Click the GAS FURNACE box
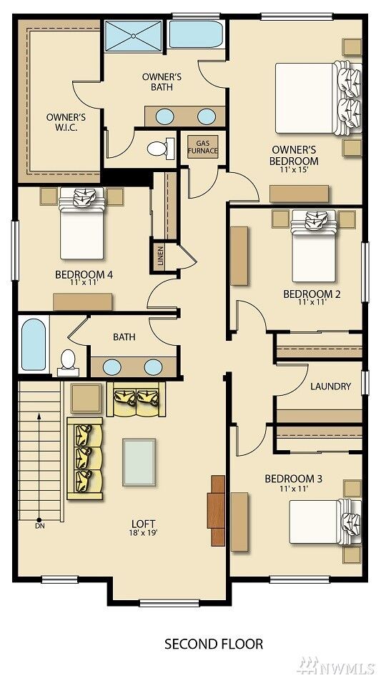tap(203, 147)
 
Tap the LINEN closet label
tap(160, 257)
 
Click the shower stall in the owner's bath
tap(133, 36)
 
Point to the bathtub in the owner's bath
tap(196, 34)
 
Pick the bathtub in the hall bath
tap(34, 344)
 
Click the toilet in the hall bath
tap(69, 363)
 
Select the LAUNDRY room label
tap(330, 386)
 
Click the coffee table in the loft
tap(139, 462)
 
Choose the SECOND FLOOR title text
tap(214, 644)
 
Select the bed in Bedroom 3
tap(325, 522)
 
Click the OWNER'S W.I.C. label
tap(66, 122)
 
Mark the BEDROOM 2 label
tap(312, 294)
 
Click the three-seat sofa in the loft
tap(85, 459)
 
